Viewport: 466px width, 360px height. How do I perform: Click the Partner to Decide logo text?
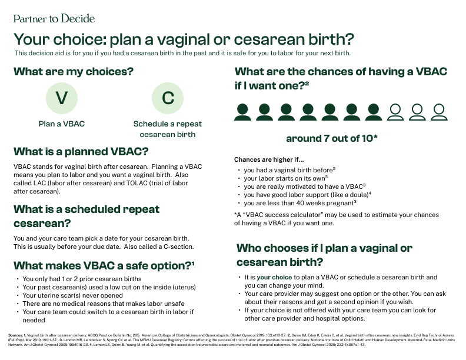(x=54, y=18)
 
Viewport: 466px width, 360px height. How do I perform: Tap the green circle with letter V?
(x=61, y=98)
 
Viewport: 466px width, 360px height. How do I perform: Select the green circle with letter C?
(x=168, y=98)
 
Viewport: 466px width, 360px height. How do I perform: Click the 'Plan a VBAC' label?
(x=62, y=124)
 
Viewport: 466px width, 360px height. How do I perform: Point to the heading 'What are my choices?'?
(x=73, y=72)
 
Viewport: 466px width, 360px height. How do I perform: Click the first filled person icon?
(x=242, y=112)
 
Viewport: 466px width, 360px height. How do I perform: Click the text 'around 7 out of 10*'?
(x=332, y=139)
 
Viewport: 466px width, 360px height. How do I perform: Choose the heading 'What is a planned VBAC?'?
(x=81, y=151)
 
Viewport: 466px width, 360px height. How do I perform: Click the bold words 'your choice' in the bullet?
(x=274, y=277)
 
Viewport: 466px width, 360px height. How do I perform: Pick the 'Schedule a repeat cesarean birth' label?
(x=168, y=129)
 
